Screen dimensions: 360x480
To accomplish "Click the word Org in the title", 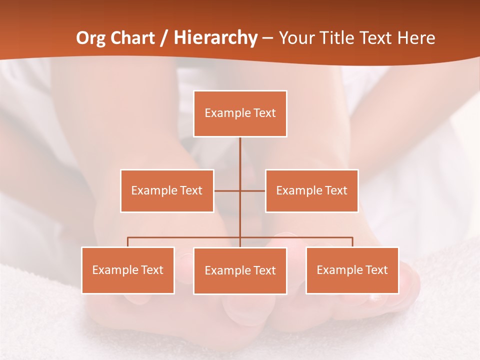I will [x=90, y=38].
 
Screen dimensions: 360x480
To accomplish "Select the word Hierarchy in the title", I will [x=215, y=38].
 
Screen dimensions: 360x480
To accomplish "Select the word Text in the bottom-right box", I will [x=376, y=270].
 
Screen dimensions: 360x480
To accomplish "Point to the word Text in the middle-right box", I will [x=335, y=190].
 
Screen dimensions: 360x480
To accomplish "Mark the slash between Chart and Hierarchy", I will [x=164, y=38].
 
